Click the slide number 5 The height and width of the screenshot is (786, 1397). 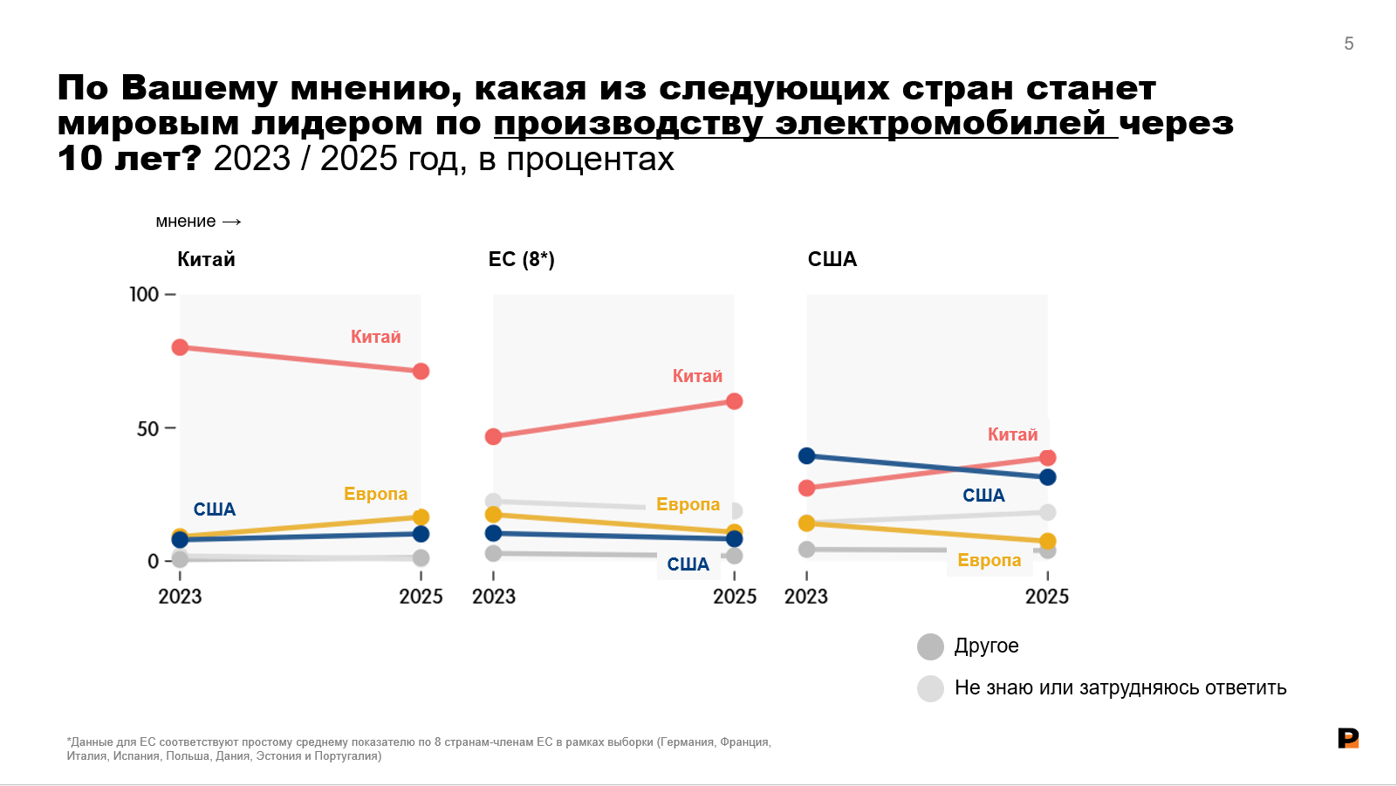click(1348, 44)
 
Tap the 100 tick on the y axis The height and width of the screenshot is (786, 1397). click(144, 294)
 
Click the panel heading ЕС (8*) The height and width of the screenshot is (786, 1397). click(522, 259)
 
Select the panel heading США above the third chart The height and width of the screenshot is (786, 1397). click(832, 259)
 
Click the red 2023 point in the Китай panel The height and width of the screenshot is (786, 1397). click(181, 347)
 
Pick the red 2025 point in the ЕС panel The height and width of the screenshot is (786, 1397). click(735, 401)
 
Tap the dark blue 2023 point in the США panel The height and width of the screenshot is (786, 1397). click(806, 455)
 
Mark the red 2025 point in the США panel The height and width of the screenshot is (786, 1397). click(1048, 458)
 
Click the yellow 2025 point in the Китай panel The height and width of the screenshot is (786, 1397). click(421, 516)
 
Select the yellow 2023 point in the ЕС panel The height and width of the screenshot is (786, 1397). click(493, 514)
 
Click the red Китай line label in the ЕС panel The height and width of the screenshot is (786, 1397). click(697, 376)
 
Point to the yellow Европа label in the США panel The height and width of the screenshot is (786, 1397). click(990, 560)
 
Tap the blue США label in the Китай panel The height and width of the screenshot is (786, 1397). click(215, 509)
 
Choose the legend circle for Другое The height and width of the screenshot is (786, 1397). click(930, 647)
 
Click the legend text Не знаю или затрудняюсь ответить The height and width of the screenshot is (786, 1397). click(1120, 687)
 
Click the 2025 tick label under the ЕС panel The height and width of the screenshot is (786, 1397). click(735, 597)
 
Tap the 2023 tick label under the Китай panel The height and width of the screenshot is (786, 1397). click(181, 597)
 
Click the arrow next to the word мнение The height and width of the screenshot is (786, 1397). click(231, 222)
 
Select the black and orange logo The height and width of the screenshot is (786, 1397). click(1348, 738)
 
